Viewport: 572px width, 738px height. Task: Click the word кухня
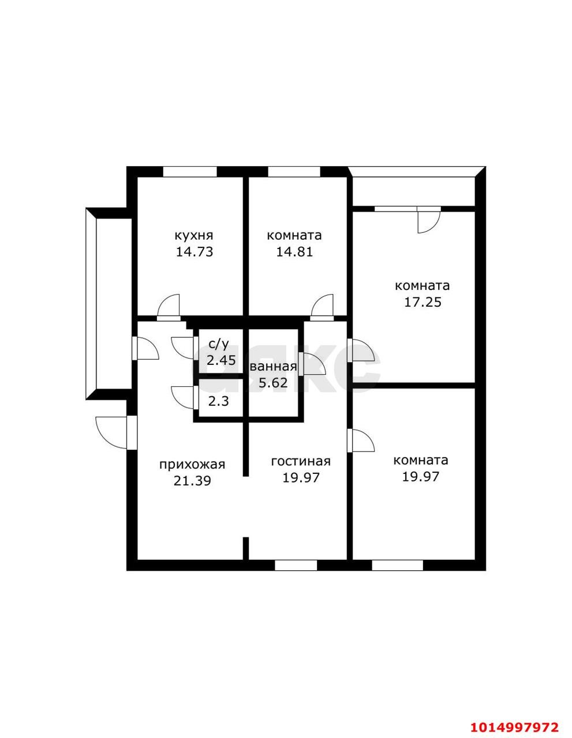pyautogui.click(x=194, y=235)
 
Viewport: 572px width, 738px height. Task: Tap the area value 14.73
pyautogui.click(x=194, y=252)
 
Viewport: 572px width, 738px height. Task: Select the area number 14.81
pyautogui.click(x=294, y=252)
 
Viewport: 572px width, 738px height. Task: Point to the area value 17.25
pyautogui.click(x=423, y=302)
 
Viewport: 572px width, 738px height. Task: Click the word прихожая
pyautogui.click(x=192, y=465)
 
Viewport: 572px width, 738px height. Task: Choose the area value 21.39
pyautogui.click(x=192, y=481)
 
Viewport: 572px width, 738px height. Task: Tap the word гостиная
pyautogui.click(x=301, y=462)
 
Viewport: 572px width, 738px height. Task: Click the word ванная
pyautogui.click(x=274, y=367)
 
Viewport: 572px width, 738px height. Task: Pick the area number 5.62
pyautogui.click(x=273, y=383)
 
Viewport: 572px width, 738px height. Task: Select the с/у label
pyautogui.click(x=219, y=344)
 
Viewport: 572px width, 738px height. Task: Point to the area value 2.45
pyautogui.click(x=221, y=360)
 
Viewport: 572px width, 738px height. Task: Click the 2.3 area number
pyautogui.click(x=219, y=402)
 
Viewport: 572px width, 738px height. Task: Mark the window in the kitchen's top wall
pyautogui.click(x=190, y=172)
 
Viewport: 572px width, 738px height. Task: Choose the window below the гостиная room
pyautogui.click(x=296, y=565)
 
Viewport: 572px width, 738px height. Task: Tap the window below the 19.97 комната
pyautogui.click(x=397, y=565)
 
